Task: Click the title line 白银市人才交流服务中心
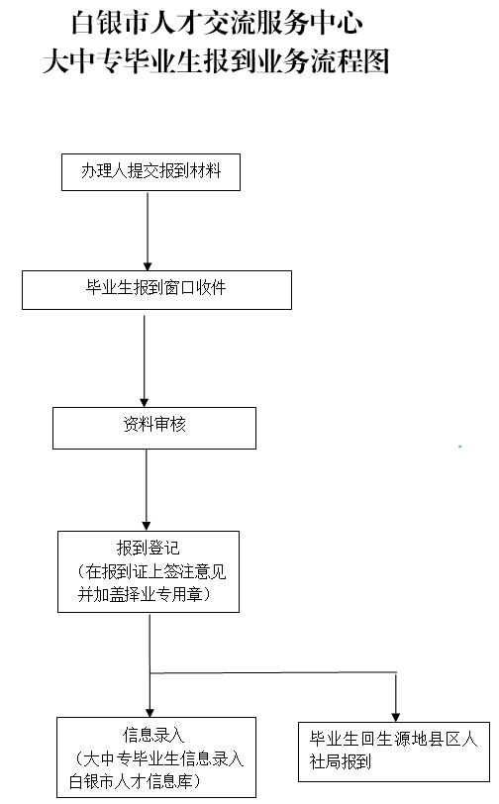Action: pyautogui.click(x=217, y=23)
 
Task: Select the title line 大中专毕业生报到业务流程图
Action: pyautogui.click(x=216, y=62)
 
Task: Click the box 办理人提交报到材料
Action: pyautogui.click(x=150, y=172)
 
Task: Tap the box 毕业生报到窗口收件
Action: pyautogui.click(x=157, y=290)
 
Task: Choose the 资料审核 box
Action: pyautogui.click(x=154, y=428)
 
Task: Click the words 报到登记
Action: pyautogui.click(x=149, y=548)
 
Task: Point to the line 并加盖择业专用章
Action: pyautogui.click(x=145, y=594)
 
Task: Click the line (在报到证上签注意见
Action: pyautogui.click(x=151, y=571)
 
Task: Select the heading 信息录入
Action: pyautogui.click(x=153, y=735)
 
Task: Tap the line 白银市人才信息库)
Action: pyautogui.click(x=135, y=781)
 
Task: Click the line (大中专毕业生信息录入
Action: pyautogui.click(x=159, y=757)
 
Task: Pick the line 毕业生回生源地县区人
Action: pyautogui.click(x=393, y=739)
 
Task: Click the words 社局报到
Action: pyautogui.click(x=340, y=761)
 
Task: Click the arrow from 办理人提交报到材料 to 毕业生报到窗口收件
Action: pyautogui.click(x=148, y=232)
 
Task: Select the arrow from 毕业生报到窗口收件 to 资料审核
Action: pyautogui.click(x=145, y=361)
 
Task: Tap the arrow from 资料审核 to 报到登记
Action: pyautogui.click(x=147, y=490)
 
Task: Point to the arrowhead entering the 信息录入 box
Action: pyautogui.click(x=150, y=713)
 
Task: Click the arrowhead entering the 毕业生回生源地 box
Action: pyautogui.click(x=395, y=717)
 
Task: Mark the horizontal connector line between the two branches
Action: pyautogui.click(x=273, y=672)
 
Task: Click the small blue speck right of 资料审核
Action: pyautogui.click(x=460, y=447)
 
